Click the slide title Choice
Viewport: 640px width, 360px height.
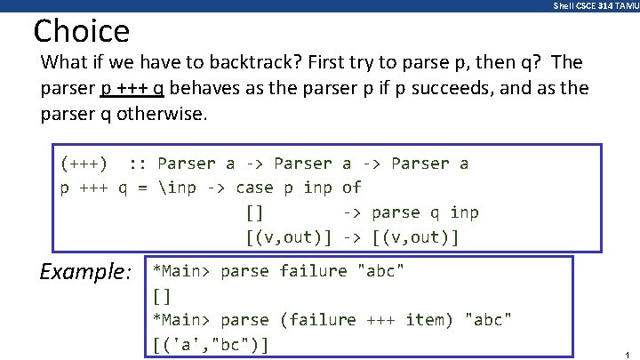[81, 32]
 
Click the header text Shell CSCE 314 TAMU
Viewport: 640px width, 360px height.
[594, 6]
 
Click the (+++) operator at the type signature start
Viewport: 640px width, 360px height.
[84, 164]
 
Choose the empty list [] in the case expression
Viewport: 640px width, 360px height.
[253, 212]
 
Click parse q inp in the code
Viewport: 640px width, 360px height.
[425, 212]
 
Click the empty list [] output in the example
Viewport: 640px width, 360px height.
[162, 294]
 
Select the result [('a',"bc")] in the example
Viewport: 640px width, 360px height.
[212, 343]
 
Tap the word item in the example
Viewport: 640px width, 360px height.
[428, 319]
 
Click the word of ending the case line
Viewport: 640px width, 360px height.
[351, 188]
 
